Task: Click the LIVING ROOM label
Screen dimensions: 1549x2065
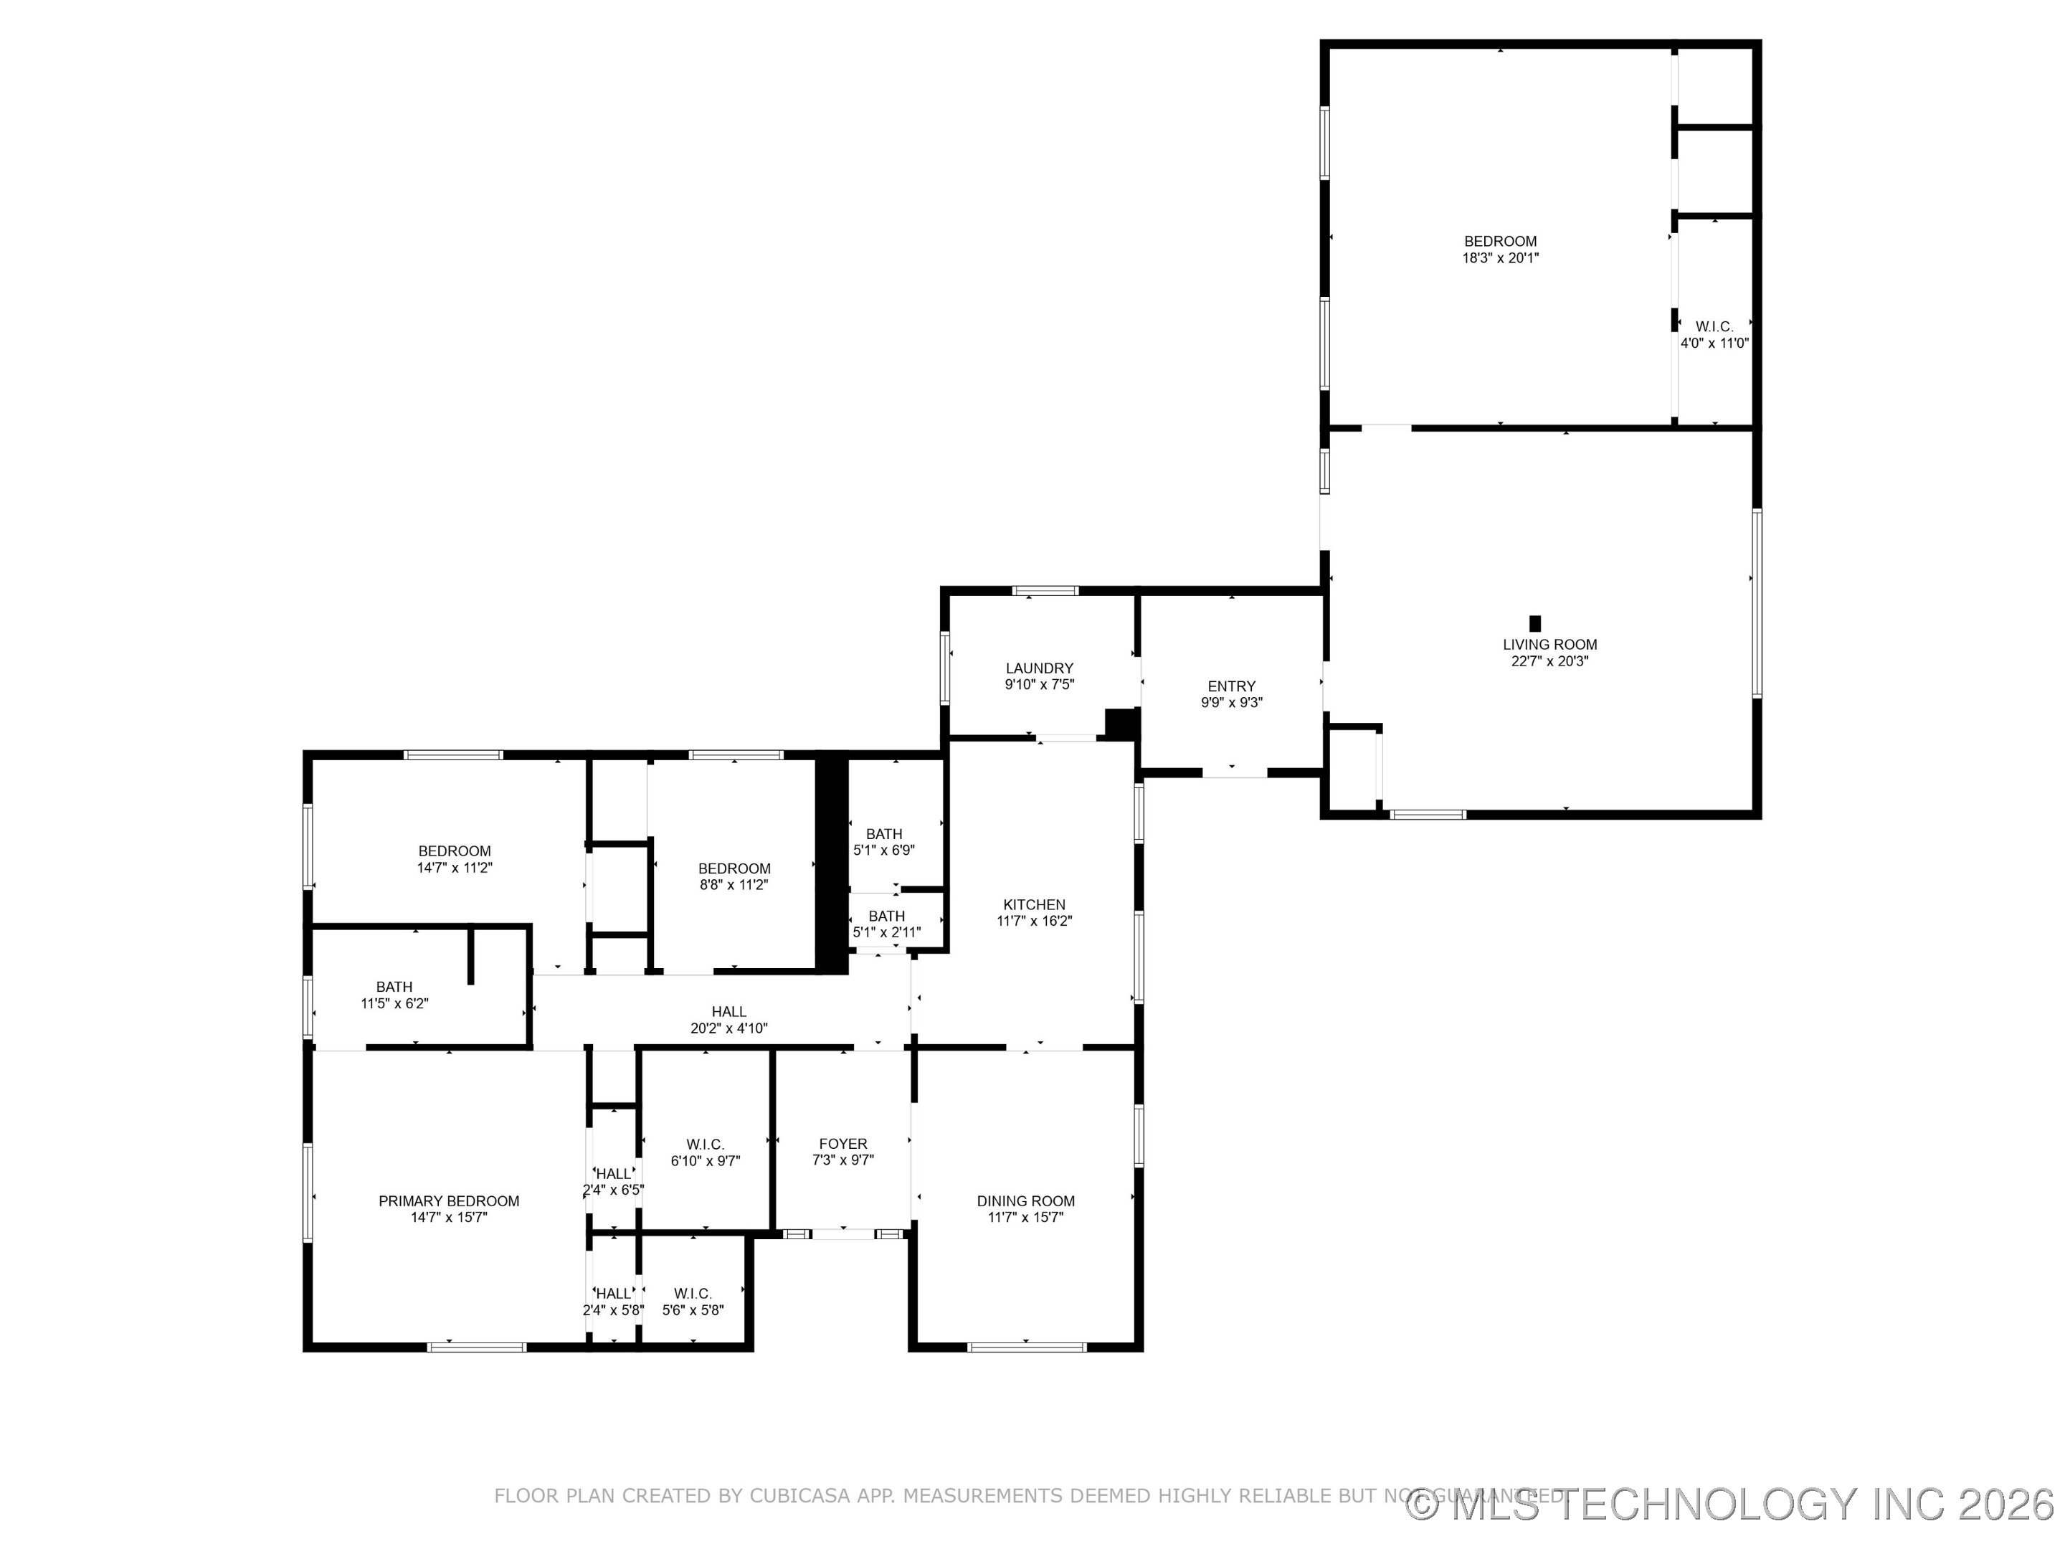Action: pyautogui.click(x=1549, y=644)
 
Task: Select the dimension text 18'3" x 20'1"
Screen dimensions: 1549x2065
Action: pyautogui.click(x=1499, y=257)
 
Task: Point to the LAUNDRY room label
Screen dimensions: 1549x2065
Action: pyautogui.click(x=1039, y=668)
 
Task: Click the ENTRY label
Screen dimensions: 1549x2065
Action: pyautogui.click(x=1231, y=686)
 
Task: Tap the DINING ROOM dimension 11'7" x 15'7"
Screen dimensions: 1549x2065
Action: pyautogui.click(x=1025, y=1218)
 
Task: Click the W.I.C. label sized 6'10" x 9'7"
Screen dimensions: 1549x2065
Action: pyautogui.click(x=705, y=1145)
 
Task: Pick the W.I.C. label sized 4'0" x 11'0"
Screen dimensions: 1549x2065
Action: pyautogui.click(x=1714, y=327)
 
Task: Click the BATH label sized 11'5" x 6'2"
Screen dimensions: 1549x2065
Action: pyautogui.click(x=394, y=987)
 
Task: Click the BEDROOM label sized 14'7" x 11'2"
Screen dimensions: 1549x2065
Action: pyautogui.click(x=454, y=851)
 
